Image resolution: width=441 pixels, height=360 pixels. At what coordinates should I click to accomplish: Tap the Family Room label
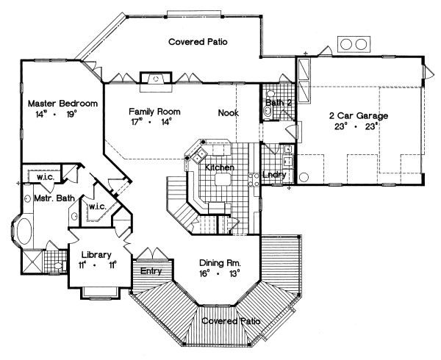(155, 112)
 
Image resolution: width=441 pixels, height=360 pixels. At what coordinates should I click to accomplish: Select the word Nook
(228, 112)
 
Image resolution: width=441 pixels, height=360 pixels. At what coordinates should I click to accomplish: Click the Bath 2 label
(280, 103)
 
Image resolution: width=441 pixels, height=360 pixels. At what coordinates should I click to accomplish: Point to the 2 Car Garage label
(358, 116)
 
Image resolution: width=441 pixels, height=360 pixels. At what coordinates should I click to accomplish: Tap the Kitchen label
(220, 168)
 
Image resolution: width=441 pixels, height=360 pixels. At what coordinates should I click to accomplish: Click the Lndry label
(273, 175)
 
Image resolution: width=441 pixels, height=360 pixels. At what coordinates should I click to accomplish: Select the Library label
(96, 255)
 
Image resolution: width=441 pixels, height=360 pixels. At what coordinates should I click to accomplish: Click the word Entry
(152, 271)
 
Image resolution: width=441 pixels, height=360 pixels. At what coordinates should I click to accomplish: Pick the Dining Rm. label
(220, 262)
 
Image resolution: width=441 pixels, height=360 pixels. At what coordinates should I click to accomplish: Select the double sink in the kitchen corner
(197, 155)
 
